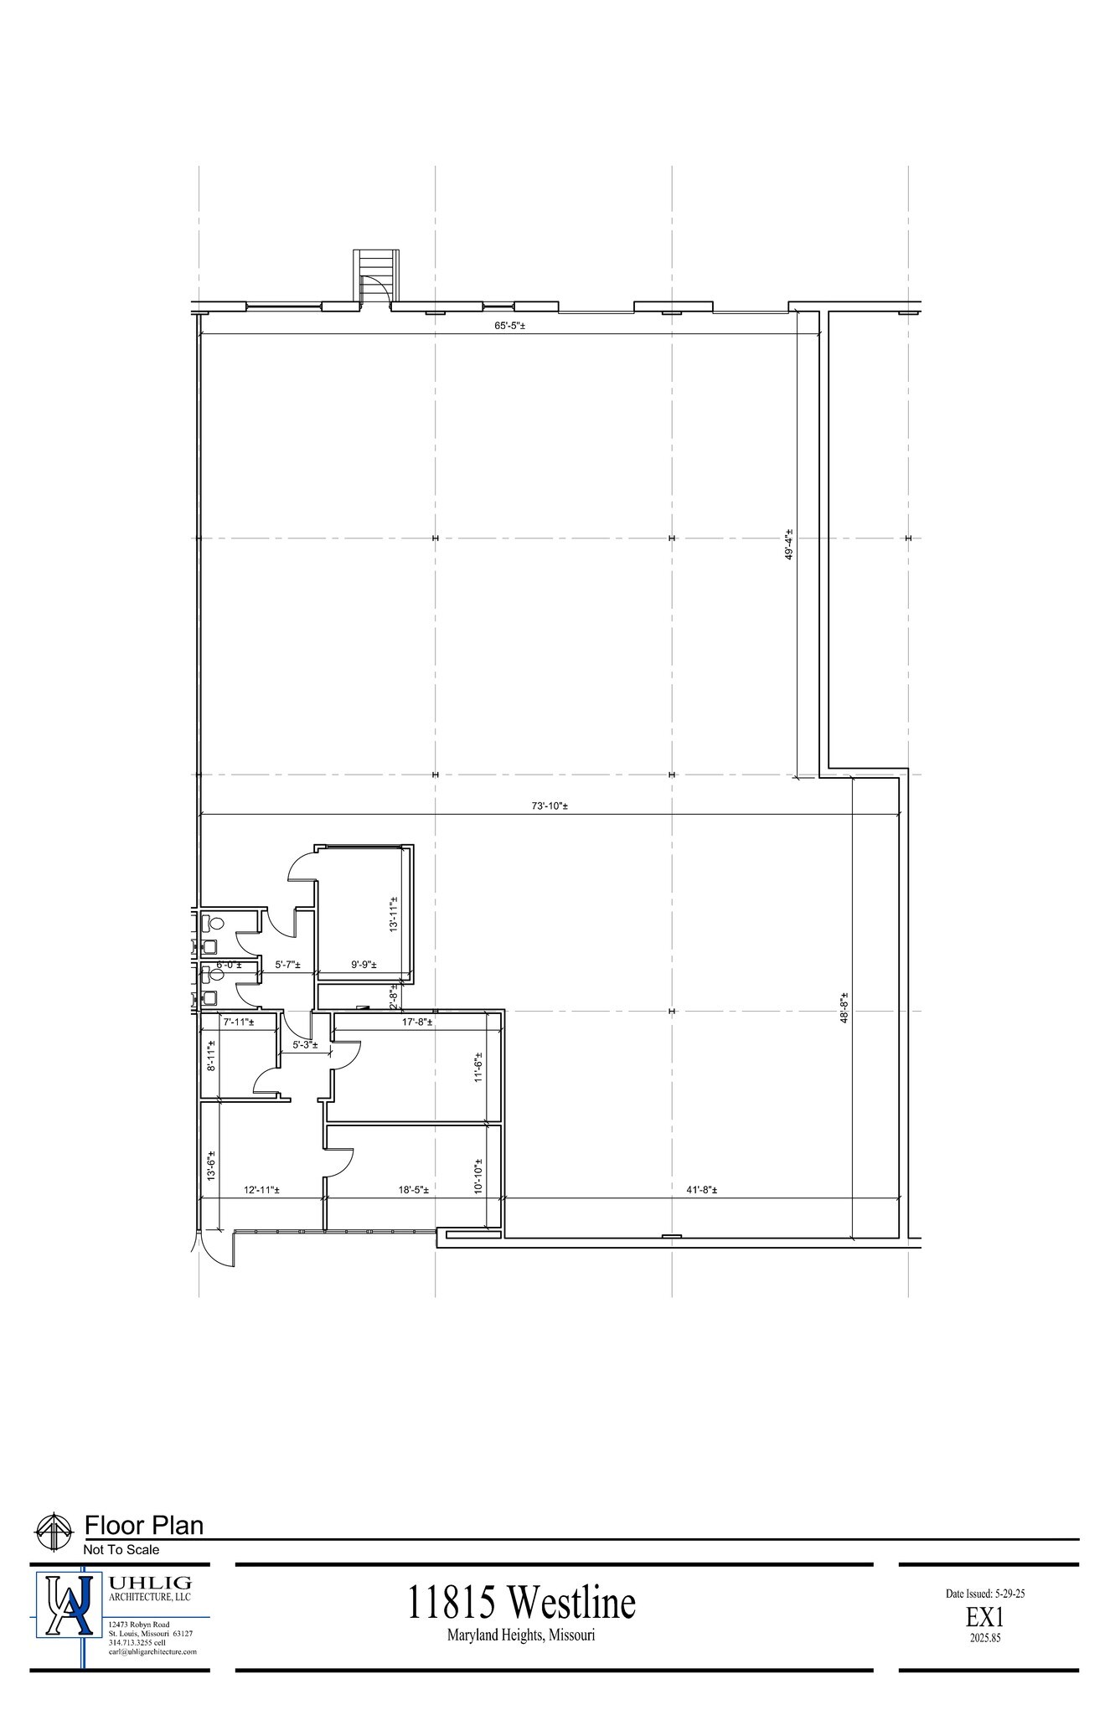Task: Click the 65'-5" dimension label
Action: pyautogui.click(x=509, y=325)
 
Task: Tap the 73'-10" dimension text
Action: pyautogui.click(x=550, y=806)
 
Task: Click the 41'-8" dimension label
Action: pyautogui.click(x=702, y=1190)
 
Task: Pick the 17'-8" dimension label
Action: pyautogui.click(x=417, y=1022)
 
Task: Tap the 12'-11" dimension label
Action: pyautogui.click(x=261, y=1190)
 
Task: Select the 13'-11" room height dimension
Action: pyautogui.click(x=393, y=915)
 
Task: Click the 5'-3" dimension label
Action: pyautogui.click(x=304, y=1045)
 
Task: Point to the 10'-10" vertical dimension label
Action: pyautogui.click(x=478, y=1176)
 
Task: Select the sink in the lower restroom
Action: pyautogui.click(x=209, y=997)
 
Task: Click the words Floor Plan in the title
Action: pyautogui.click(x=144, y=1526)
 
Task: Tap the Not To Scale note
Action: pyautogui.click(x=121, y=1550)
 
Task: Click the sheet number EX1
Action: pyautogui.click(x=985, y=1619)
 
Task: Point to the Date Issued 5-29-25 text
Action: pyautogui.click(x=985, y=1594)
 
